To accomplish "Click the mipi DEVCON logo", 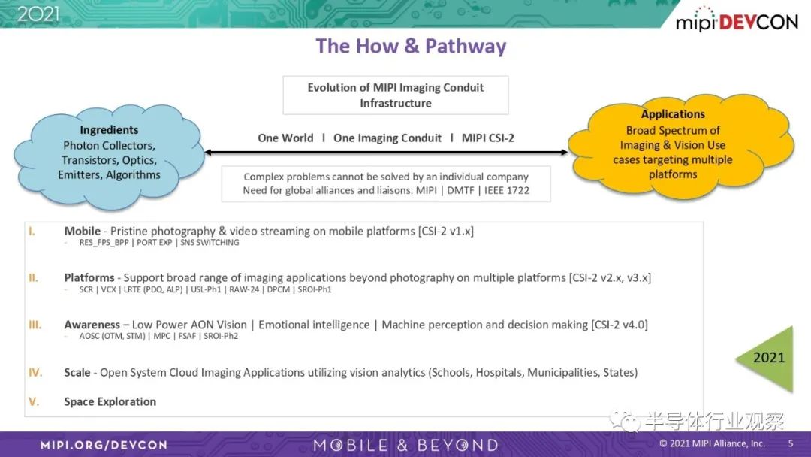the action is [x=737, y=20].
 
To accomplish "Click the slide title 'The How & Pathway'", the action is [x=411, y=46].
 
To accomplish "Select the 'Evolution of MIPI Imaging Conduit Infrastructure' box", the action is [x=396, y=95].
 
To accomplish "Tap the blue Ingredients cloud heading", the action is [x=109, y=130].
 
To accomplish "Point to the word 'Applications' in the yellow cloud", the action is [x=673, y=114].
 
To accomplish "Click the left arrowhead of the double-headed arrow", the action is [x=209, y=152].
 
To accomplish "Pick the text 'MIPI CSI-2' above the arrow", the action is [x=488, y=138].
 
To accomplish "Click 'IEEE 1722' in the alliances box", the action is [x=507, y=190].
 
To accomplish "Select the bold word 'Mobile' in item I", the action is [x=83, y=231].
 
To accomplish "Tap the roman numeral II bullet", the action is [x=34, y=278].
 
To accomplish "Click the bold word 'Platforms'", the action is [x=89, y=278].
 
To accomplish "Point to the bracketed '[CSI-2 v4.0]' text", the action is [x=619, y=325].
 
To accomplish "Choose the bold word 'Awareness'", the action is [x=92, y=325].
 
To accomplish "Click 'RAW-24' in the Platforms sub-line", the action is [x=244, y=290].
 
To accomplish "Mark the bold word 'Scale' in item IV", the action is [x=77, y=373].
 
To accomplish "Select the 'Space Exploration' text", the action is [x=110, y=401].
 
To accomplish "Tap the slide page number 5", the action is [x=790, y=443].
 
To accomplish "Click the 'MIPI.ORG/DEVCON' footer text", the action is [x=104, y=445].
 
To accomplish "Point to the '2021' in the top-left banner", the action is [x=38, y=14].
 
